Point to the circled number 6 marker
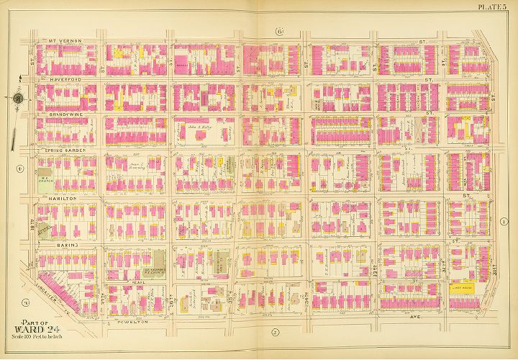click(279, 30)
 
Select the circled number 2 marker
click(275, 332)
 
